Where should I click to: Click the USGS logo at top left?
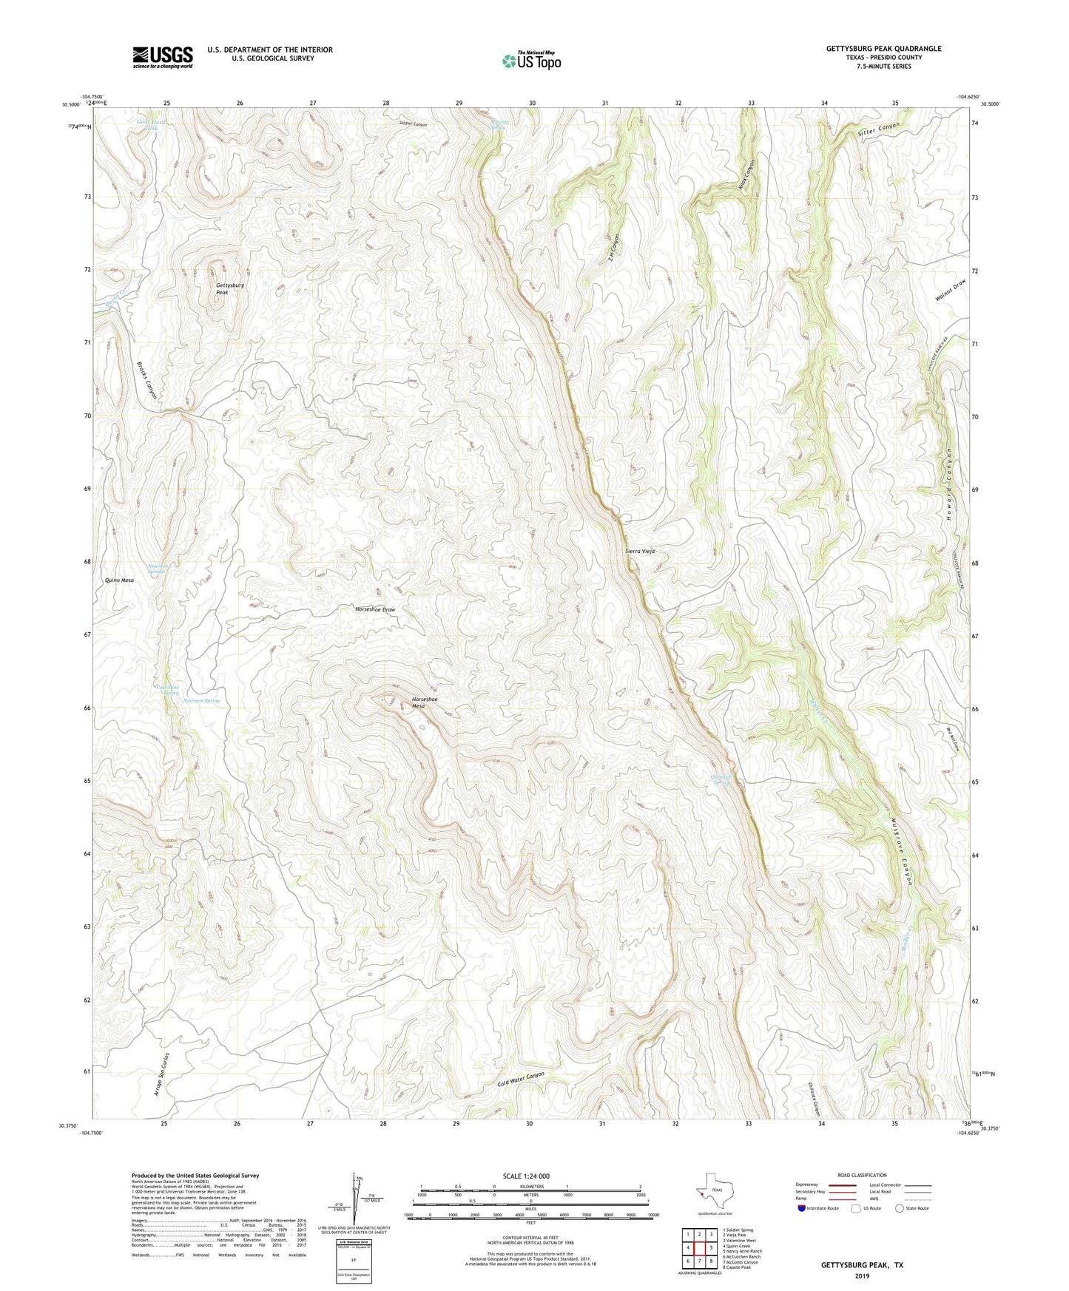click(162, 56)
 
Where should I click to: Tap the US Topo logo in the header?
click(530, 61)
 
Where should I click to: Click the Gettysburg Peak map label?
click(230, 288)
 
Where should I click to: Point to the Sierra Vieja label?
click(640, 552)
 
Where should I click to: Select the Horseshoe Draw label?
click(375, 609)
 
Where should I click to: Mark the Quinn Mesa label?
click(119, 580)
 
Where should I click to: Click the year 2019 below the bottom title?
click(862, 1275)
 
